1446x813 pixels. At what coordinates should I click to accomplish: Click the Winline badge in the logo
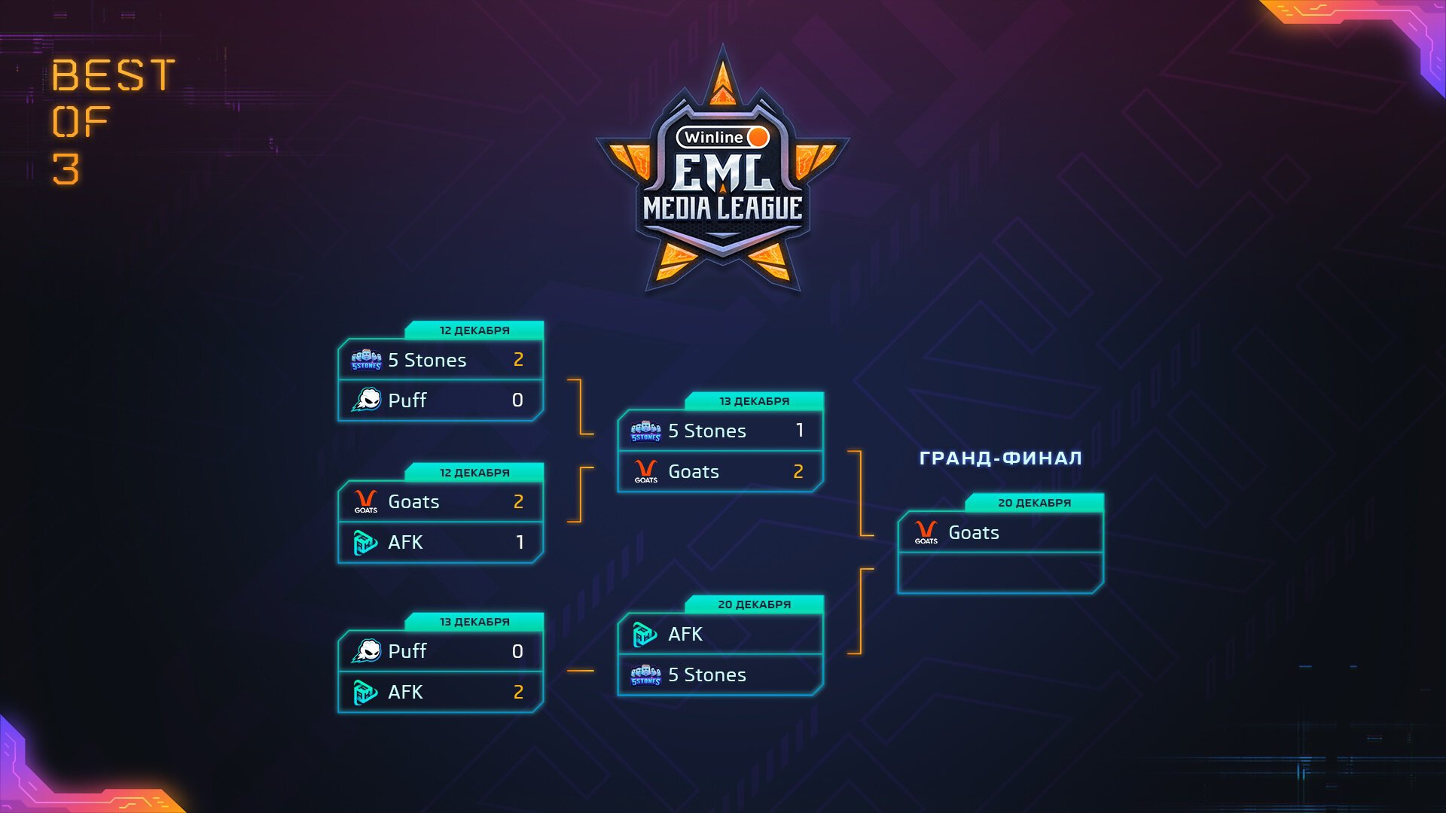click(722, 137)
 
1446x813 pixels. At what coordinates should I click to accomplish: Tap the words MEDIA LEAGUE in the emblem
click(722, 209)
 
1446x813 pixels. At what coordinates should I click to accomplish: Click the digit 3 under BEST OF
click(66, 169)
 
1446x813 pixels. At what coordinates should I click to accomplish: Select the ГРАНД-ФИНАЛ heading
click(1000, 458)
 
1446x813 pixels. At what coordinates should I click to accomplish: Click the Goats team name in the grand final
click(973, 533)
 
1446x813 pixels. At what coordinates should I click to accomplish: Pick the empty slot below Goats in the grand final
click(1000, 573)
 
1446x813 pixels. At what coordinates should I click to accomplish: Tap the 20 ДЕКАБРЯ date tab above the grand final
click(1034, 503)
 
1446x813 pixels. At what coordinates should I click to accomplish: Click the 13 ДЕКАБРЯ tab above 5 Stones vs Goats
click(754, 401)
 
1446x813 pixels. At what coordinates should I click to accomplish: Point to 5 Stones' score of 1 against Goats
click(799, 430)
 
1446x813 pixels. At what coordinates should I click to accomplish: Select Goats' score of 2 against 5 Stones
click(798, 471)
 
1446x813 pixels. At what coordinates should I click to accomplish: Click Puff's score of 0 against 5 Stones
click(517, 400)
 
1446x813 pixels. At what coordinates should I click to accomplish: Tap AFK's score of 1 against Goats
click(520, 542)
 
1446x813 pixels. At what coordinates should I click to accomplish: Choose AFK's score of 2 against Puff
click(518, 692)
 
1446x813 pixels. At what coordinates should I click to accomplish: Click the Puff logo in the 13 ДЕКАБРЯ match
click(367, 651)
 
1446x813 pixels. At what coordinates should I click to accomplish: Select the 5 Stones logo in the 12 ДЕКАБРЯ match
click(367, 360)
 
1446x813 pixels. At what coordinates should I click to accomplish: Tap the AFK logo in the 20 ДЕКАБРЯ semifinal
click(645, 635)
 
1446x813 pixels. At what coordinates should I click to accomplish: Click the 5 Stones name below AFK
click(706, 675)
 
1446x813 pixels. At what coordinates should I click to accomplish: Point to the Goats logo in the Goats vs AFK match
click(366, 501)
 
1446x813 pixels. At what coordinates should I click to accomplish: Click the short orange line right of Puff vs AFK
click(580, 670)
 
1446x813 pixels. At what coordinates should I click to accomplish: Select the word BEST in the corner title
click(113, 75)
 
